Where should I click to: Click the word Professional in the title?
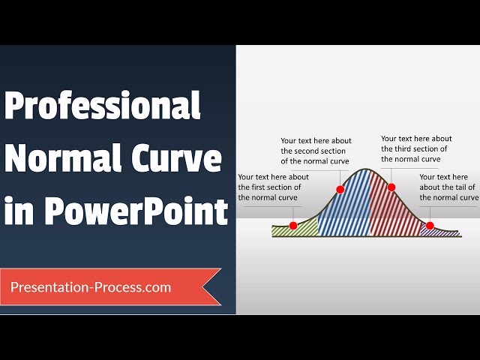103,107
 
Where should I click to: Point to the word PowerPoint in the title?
136,211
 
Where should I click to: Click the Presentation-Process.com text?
91,287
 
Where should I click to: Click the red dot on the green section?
293,225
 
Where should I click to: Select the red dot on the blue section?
340,190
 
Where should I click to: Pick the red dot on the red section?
391,187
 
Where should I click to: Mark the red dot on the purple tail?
430,225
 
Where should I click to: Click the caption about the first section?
273,187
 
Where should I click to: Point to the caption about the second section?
316,151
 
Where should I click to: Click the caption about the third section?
416,148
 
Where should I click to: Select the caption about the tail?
448,187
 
